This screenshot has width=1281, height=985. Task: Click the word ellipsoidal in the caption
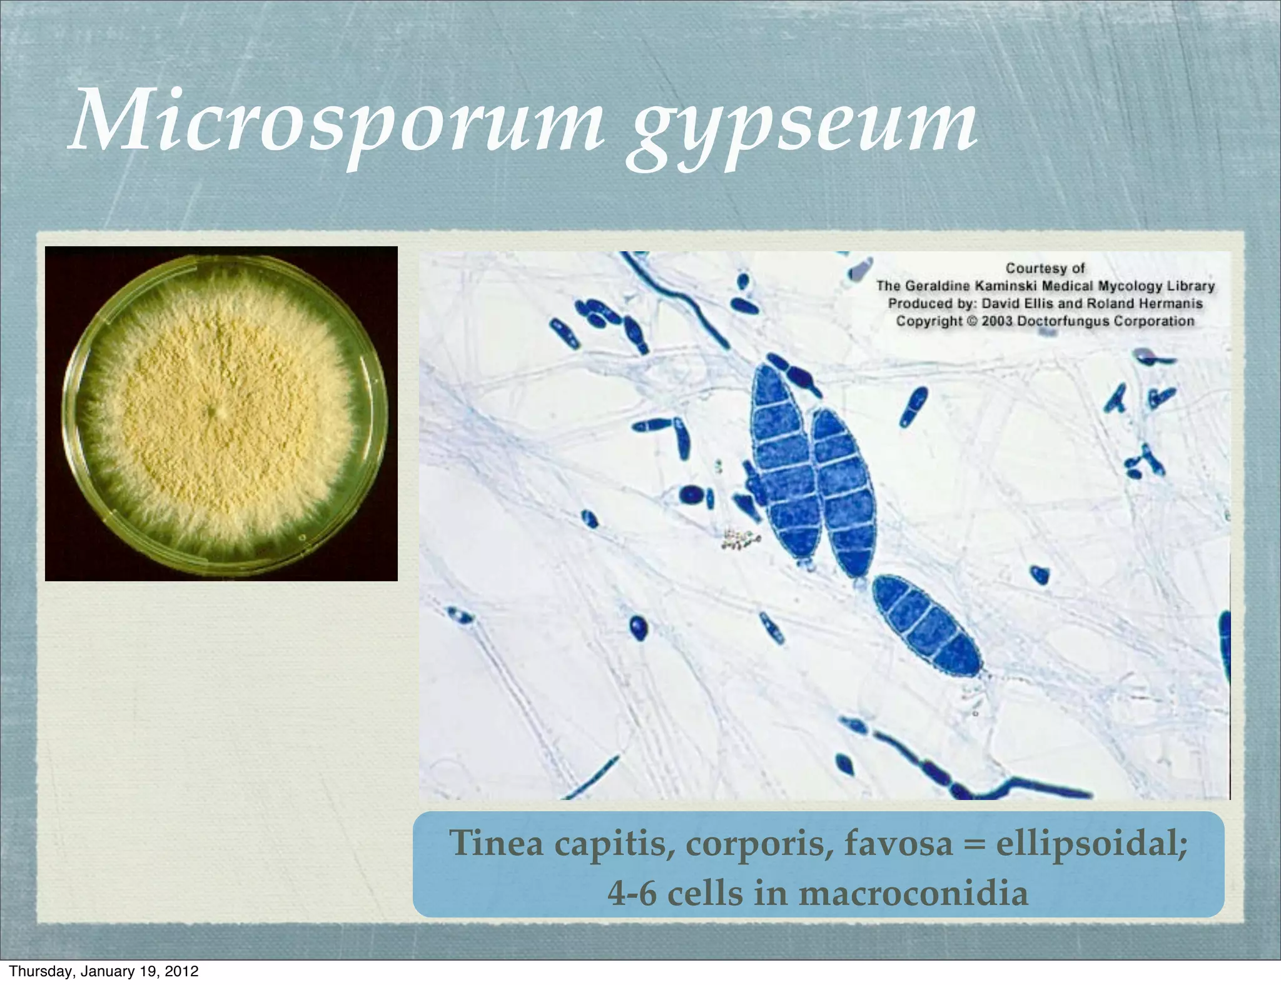pos(1091,843)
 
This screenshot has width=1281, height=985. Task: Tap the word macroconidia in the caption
pos(913,892)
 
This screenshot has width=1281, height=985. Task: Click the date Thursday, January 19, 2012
pos(104,971)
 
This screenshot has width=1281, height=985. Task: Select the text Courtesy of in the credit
pos(1045,268)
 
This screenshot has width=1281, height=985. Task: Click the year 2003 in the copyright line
pos(996,321)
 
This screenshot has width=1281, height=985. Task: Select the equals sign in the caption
pos(975,843)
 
